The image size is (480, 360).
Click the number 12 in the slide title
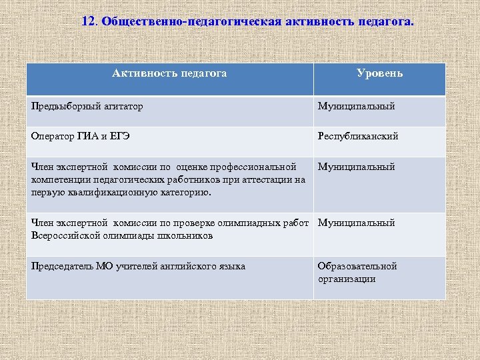[89, 21]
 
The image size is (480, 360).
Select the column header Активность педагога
[169, 73]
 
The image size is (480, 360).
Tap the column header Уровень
[379, 73]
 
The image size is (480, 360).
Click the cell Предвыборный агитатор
[87, 106]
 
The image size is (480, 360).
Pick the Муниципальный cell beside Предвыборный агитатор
[356, 106]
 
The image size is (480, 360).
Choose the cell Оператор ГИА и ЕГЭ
[81, 136]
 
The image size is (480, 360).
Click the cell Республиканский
[358, 136]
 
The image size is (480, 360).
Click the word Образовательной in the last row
[357, 266]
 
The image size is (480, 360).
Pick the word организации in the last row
[347, 279]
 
